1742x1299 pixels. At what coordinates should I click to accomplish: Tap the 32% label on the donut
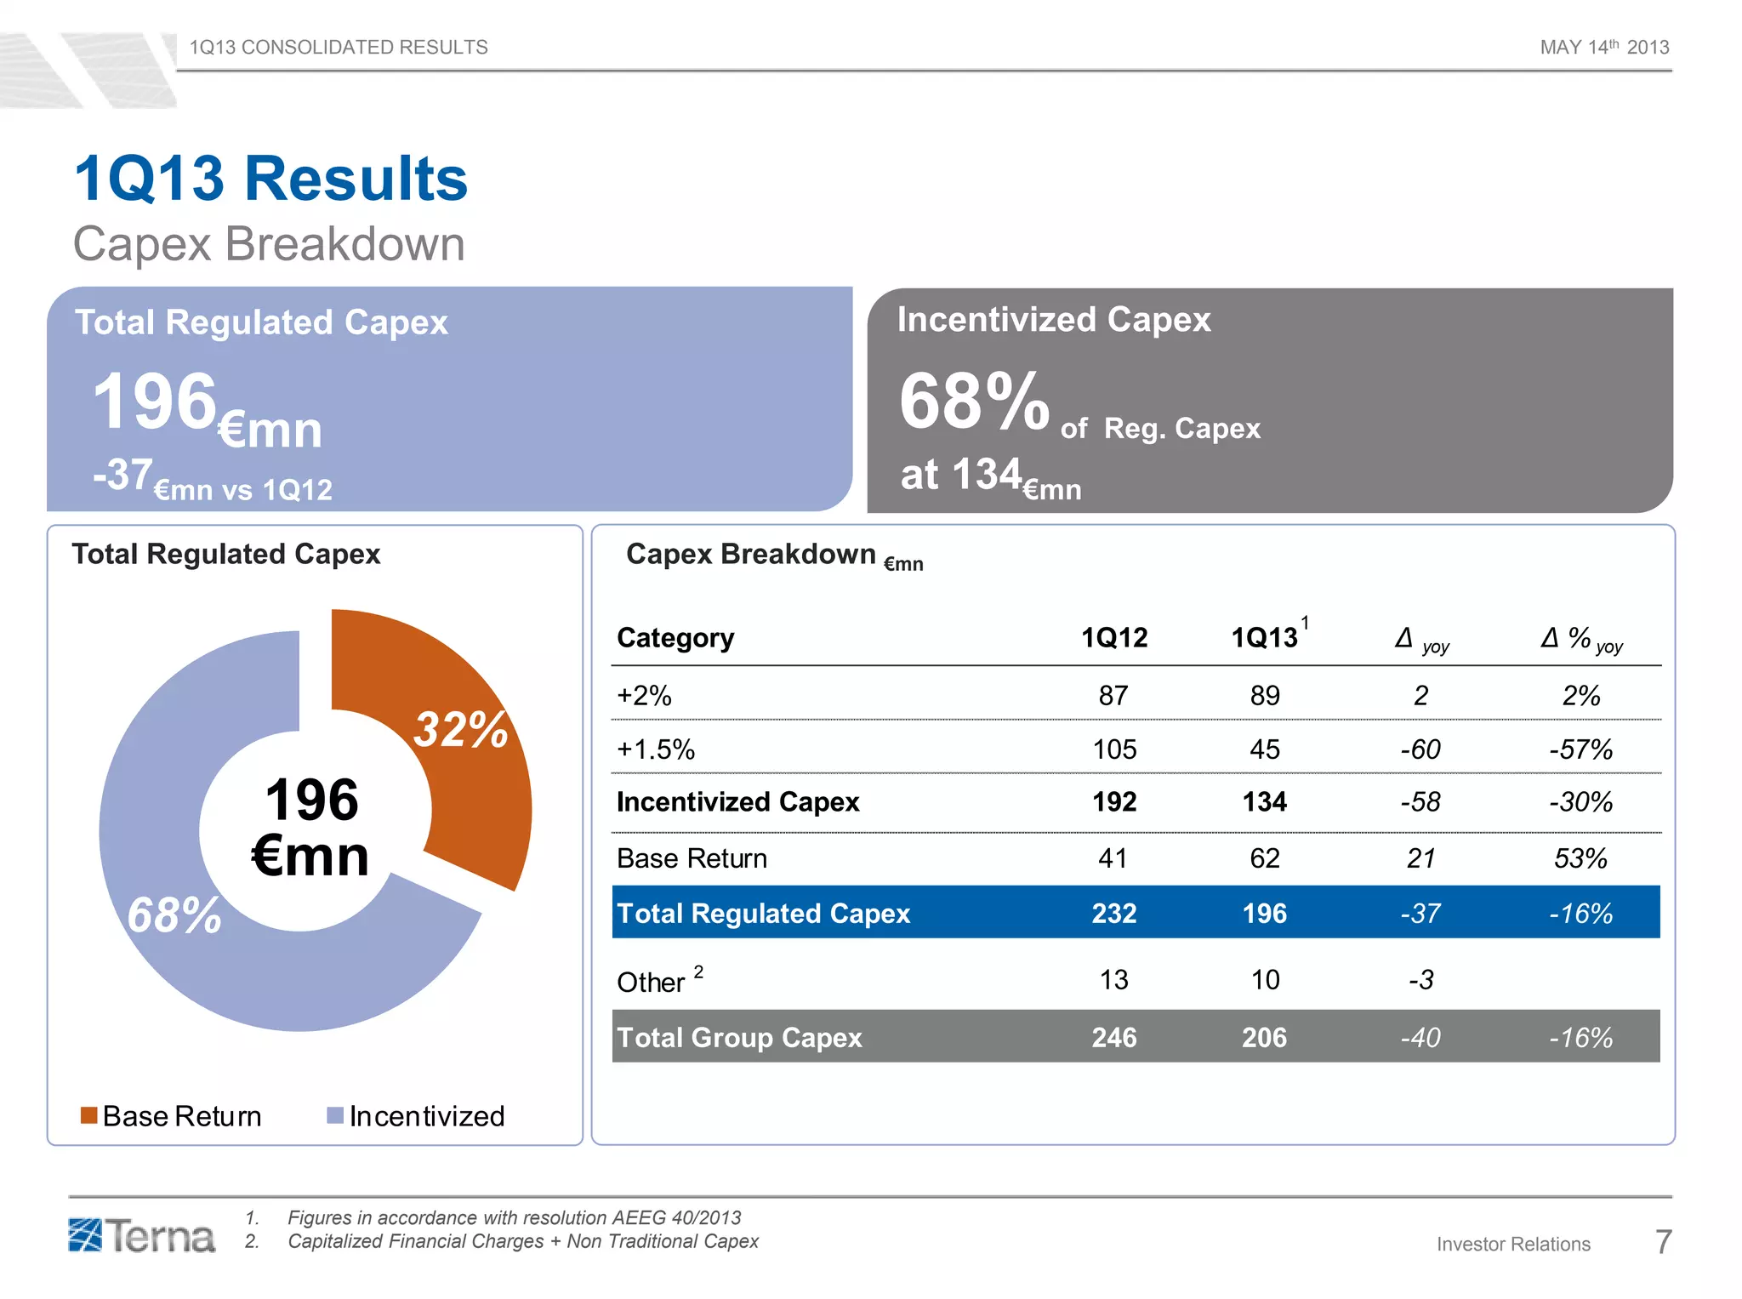pyautogui.click(x=460, y=730)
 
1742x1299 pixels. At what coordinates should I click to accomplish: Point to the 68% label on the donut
pyautogui.click(x=174, y=915)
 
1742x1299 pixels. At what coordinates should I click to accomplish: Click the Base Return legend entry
pyautogui.click(x=171, y=1115)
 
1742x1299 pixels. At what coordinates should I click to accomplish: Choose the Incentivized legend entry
pyautogui.click(x=417, y=1115)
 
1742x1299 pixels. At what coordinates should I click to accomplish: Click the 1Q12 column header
pyautogui.click(x=1113, y=637)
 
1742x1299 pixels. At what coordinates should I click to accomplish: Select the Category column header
pyautogui.click(x=675, y=637)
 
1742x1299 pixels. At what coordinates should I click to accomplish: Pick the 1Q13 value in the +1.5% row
pyautogui.click(x=1264, y=749)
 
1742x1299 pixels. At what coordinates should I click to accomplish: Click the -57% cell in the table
pyautogui.click(x=1580, y=749)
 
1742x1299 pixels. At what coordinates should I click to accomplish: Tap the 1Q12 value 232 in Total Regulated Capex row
pyautogui.click(x=1113, y=913)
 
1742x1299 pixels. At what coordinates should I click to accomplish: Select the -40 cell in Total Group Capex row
pyautogui.click(x=1420, y=1037)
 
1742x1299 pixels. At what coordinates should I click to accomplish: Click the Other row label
pyautogui.click(x=652, y=982)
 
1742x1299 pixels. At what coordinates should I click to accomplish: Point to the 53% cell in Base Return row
pyautogui.click(x=1580, y=858)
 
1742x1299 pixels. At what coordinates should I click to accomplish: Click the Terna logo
pyautogui.click(x=142, y=1235)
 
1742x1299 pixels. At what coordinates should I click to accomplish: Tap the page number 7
pyautogui.click(x=1663, y=1242)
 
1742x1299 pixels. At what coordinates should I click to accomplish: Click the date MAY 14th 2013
pyautogui.click(x=1604, y=48)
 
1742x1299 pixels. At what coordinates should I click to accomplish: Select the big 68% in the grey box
pyautogui.click(x=974, y=402)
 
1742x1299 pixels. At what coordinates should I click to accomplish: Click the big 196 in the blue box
pyautogui.click(x=155, y=402)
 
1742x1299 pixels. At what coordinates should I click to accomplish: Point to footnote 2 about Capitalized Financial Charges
pyautogui.click(x=522, y=1241)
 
